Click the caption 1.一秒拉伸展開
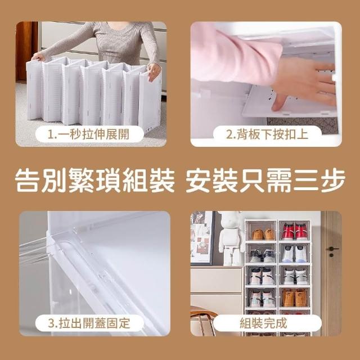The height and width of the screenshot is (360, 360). pyautogui.click(x=88, y=134)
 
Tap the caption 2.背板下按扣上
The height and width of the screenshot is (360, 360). pyautogui.click(x=267, y=134)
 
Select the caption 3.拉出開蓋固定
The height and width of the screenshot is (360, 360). pyautogui.click(x=89, y=323)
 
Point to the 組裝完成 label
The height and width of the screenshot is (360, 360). pyautogui.click(x=264, y=323)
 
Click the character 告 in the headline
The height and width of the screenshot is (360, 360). pyautogui.click(x=28, y=180)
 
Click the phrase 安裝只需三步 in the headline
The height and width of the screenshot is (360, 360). pyautogui.click(x=265, y=180)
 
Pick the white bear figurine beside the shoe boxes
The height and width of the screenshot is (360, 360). pyautogui.click(x=231, y=238)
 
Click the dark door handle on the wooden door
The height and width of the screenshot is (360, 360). pyautogui.click(x=332, y=250)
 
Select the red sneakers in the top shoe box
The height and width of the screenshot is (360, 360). pyautogui.click(x=295, y=231)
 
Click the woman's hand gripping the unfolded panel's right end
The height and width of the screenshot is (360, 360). pyautogui.click(x=154, y=71)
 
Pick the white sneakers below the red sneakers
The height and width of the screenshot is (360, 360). pyautogui.click(x=295, y=254)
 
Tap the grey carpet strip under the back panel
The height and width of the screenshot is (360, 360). pyautogui.click(x=303, y=125)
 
